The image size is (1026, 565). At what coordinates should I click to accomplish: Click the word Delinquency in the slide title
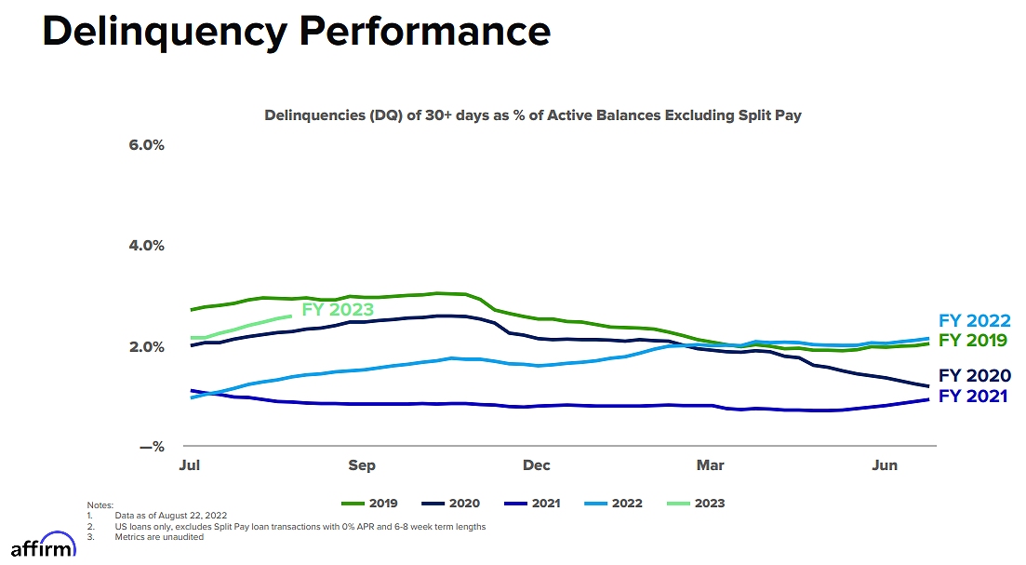pyautogui.click(x=163, y=31)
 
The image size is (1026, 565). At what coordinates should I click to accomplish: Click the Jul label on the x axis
pyautogui.click(x=190, y=465)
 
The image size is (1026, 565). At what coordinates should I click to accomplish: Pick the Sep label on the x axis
pyautogui.click(x=362, y=465)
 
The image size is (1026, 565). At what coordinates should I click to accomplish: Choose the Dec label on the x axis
pyautogui.click(x=536, y=465)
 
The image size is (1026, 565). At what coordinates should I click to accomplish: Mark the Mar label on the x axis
pyautogui.click(x=711, y=465)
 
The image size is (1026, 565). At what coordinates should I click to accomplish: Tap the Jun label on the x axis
pyautogui.click(x=885, y=465)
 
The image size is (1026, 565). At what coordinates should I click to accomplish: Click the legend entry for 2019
pyautogui.click(x=370, y=504)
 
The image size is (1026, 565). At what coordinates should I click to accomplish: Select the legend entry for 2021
pyautogui.click(x=532, y=504)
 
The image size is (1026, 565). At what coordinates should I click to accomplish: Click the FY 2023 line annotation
pyautogui.click(x=338, y=310)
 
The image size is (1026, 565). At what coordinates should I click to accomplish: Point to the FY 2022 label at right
pyautogui.click(x=974, y=321)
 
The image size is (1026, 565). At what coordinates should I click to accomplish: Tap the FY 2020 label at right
pyautogui.click(x=974, y=376)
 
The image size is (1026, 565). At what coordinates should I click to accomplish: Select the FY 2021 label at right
pyautogui.click(x=973, y=396)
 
